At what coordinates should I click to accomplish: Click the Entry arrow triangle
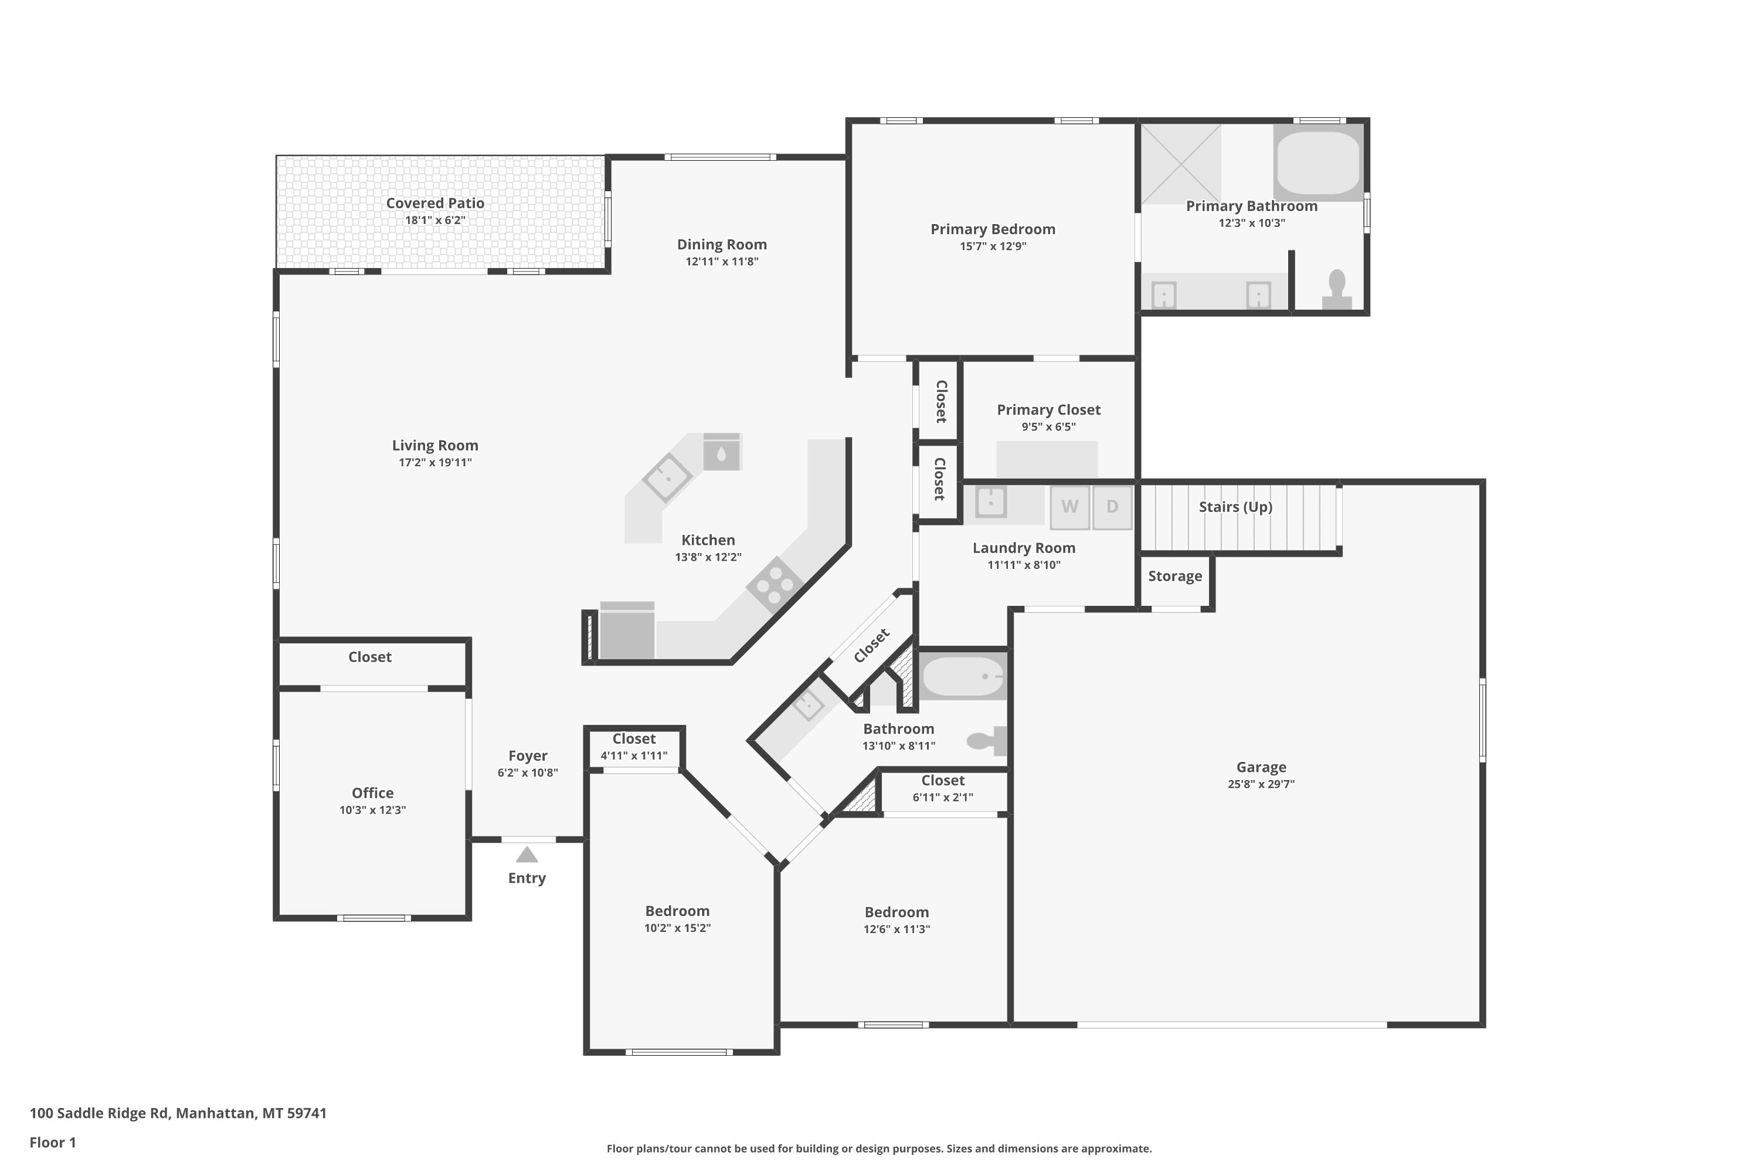[527, 855]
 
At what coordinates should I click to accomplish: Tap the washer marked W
[1069, 507]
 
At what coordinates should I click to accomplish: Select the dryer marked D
[1112, 507]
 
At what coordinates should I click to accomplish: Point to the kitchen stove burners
[775, 585]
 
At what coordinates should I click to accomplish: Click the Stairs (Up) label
[1235, 507]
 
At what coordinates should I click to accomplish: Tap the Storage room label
[1175, 576]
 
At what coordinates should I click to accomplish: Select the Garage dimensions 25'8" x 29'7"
[1261, 784]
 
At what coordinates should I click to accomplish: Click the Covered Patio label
[435, 203]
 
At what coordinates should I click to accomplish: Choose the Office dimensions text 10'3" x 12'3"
[372, 809]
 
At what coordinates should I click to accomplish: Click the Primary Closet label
[1048, 410]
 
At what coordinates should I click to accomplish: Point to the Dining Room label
[722, 245]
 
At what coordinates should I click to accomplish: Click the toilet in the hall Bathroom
[987, 741]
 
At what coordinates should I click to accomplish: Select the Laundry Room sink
[991, 501]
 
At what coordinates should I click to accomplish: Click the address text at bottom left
[178, 1113]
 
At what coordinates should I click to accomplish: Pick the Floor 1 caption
[53, 1143]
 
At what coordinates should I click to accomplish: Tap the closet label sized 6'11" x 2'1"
[943, 780]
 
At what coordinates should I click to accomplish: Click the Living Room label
[435, 445]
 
